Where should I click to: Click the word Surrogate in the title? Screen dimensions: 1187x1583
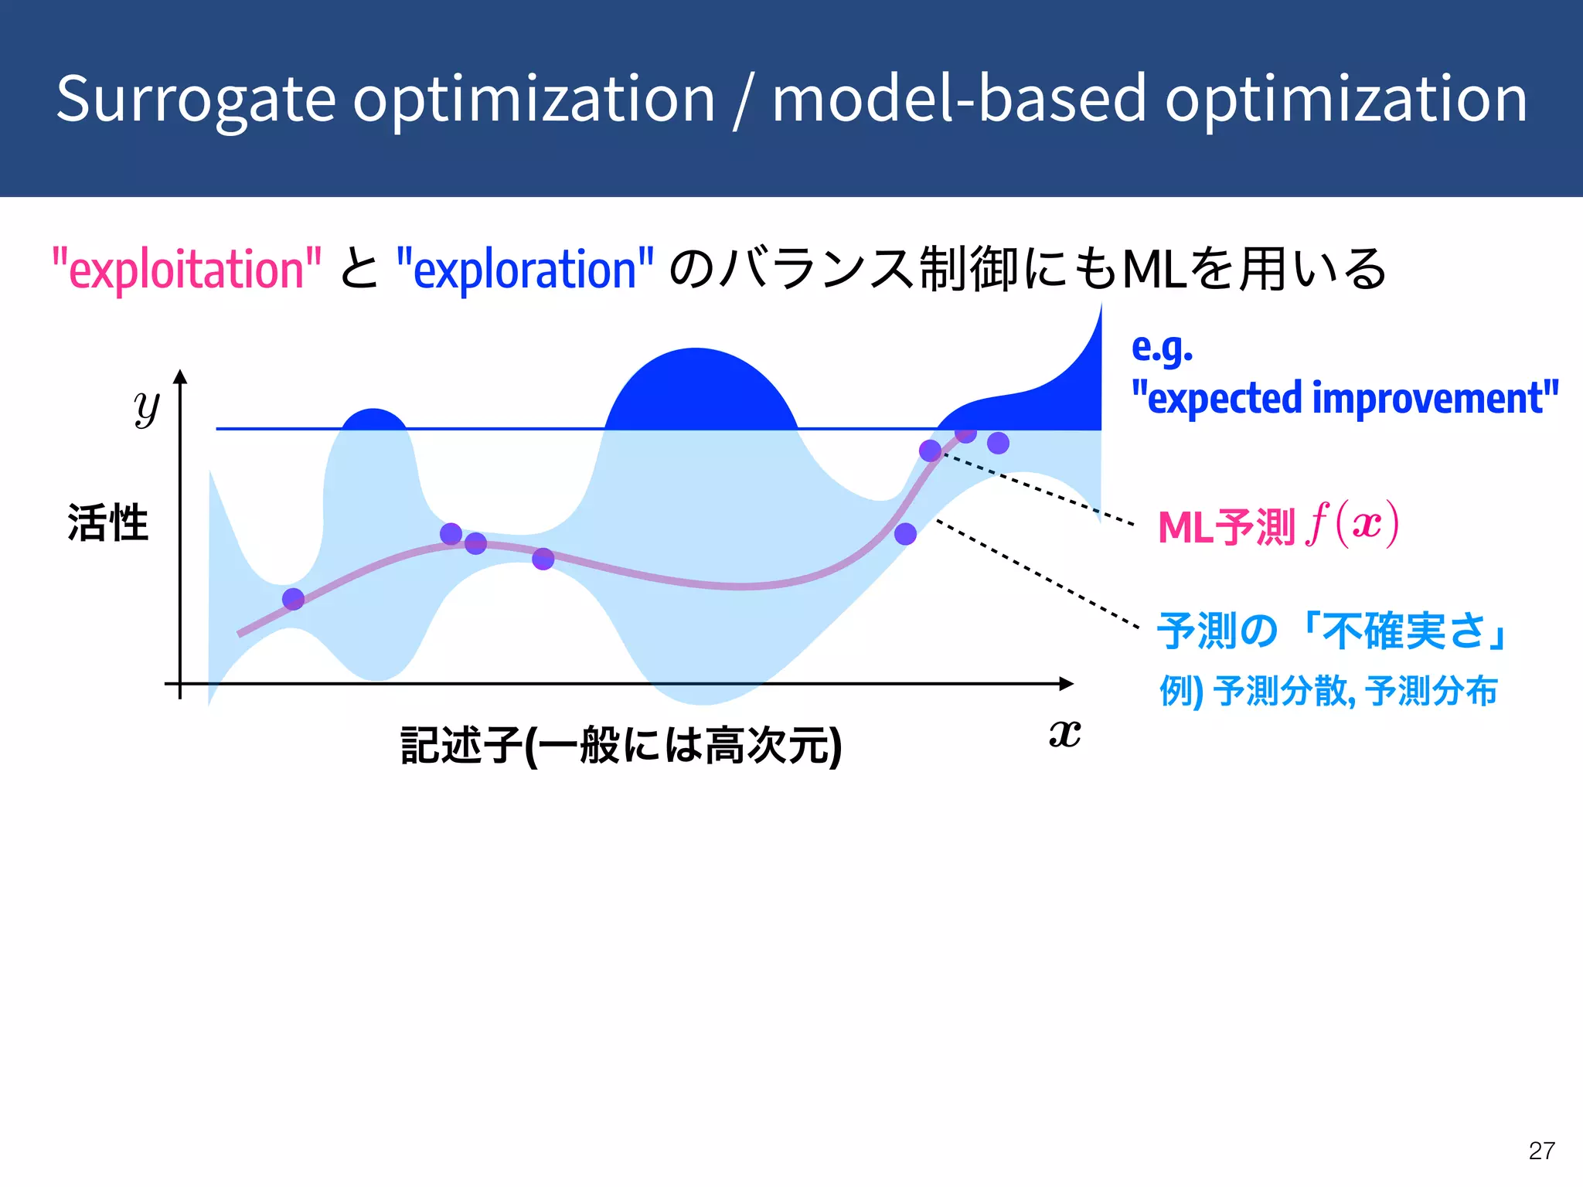coord(196,100)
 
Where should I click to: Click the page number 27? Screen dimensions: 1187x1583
coord(1541,1151)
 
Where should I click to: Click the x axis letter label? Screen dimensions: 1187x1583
coord(1064,733)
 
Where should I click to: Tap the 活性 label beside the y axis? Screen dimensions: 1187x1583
coord(107,522)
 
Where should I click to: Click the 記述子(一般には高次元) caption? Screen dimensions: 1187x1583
coord(621,745)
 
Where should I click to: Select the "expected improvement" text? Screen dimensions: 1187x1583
coord(1345,398)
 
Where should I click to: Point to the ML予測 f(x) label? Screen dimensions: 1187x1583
coord(1278,526)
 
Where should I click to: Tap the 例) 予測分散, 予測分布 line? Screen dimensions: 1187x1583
coord(1328,691)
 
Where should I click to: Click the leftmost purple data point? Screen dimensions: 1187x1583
coord(293,599)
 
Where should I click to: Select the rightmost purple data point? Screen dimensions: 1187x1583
coord(998,443)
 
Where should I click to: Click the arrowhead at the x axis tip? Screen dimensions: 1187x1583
coord(1067,683)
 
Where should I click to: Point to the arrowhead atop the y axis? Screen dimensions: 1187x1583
coord(180,377)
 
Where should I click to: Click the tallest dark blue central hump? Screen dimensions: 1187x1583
coord(700,390)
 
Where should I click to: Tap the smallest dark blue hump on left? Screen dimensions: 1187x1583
coord(373,419)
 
